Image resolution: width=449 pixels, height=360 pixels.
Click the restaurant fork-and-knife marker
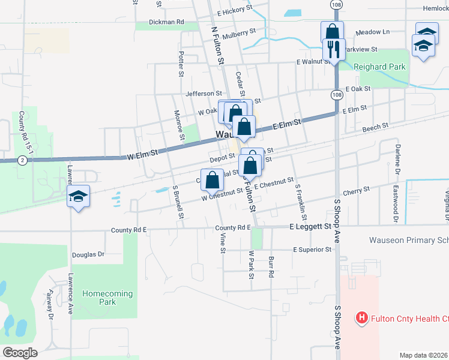pyautogui.click(x=334, y=49)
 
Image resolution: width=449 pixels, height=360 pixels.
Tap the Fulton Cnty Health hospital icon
pyautogui.click(x=361, y=317)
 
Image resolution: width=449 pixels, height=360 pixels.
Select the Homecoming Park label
pyautogui.click(x=99, y=298)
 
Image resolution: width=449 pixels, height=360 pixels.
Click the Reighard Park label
pyautogui.click(x=380, y=67)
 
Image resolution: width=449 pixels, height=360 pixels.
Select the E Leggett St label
pyautogui.click(x=310, y=227)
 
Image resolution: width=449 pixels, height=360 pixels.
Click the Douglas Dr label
pyautogui.click(x=88, y=254)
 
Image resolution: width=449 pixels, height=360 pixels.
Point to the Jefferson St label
pyautogui.click(x=204, y=94)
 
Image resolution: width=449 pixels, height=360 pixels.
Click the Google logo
pyautogui.click(x=20, y=353)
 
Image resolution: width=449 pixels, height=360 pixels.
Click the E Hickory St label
pyautogui.click(x=237, y=11)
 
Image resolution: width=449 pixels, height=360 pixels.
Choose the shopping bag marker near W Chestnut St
pyautogui.click(x=212, y=179)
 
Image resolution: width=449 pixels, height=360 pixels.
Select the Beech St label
pyautogui.click(x=375, y=127)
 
